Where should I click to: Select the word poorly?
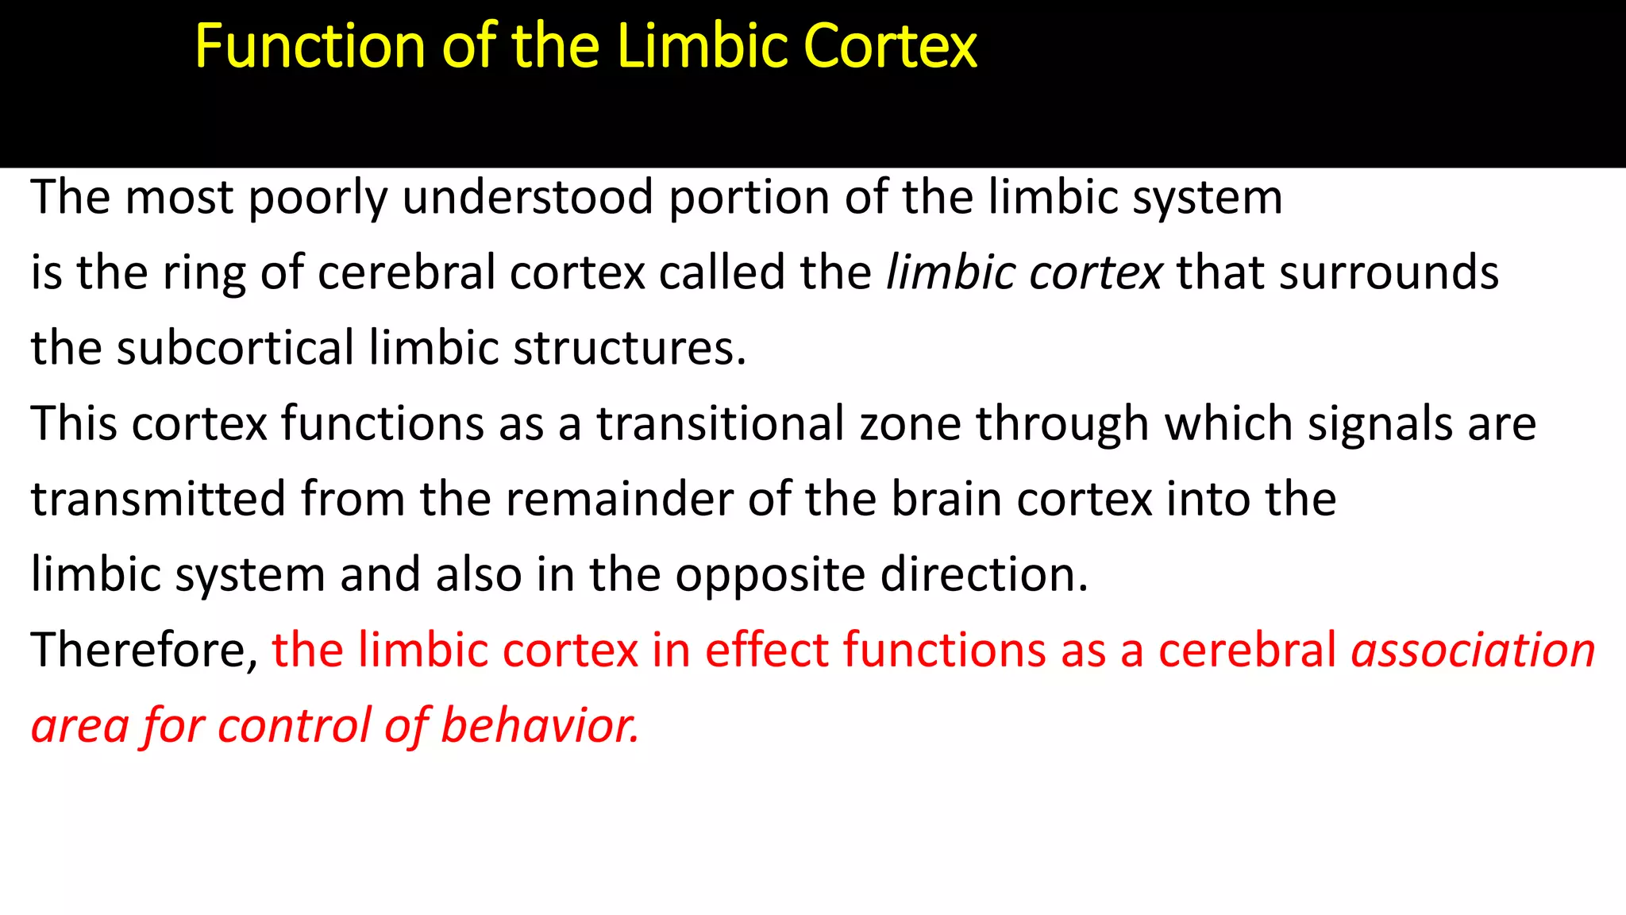coord(318,198)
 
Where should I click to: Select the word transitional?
coord(720,423)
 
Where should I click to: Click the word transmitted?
coord(158,499)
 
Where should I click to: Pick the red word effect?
coord(766,650)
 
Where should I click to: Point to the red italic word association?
coord(1474,650)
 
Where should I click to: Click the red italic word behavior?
coord(540,725)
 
